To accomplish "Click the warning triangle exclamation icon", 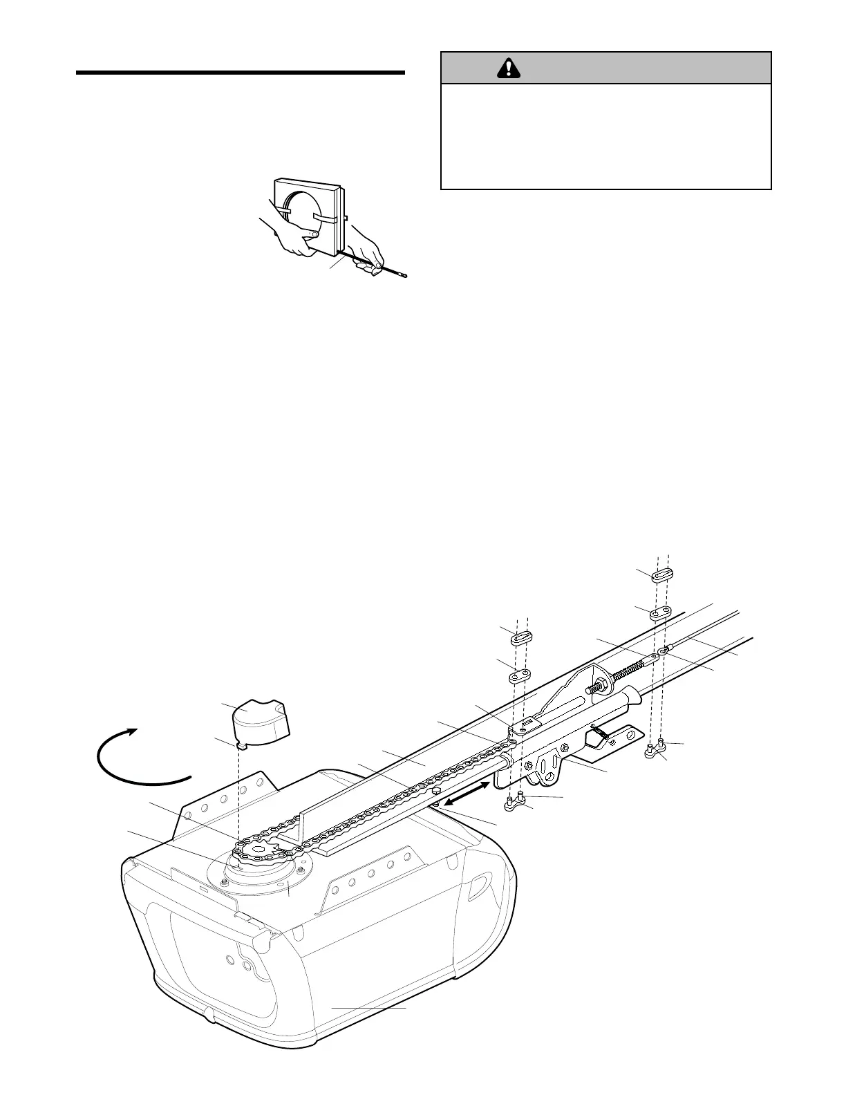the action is (x=509, y=68).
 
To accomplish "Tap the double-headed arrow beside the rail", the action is (x=467, y=794).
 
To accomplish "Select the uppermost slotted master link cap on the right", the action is (x=661, y=574).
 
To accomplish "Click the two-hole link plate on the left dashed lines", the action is (x=520, y=674).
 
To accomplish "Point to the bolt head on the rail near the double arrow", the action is (x=436, y=789).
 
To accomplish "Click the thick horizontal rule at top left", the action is (x=239, y=72).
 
